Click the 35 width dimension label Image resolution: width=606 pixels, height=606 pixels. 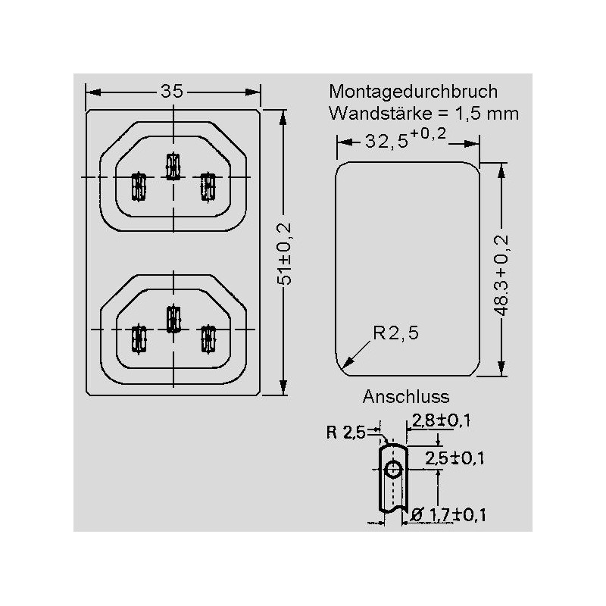point(172,92)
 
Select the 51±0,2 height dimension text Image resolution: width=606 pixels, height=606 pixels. point(285,254)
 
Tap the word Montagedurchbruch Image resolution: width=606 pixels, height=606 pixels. point(413,92)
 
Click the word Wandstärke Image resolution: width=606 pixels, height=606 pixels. point(380,113)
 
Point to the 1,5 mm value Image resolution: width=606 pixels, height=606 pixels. point(486,114)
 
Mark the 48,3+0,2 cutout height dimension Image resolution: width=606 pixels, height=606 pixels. point(501,275)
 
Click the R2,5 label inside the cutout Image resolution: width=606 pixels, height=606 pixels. point(395,333)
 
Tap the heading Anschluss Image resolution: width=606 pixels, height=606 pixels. point(406,397)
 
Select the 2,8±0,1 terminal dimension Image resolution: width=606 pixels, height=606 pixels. point(442,420)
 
